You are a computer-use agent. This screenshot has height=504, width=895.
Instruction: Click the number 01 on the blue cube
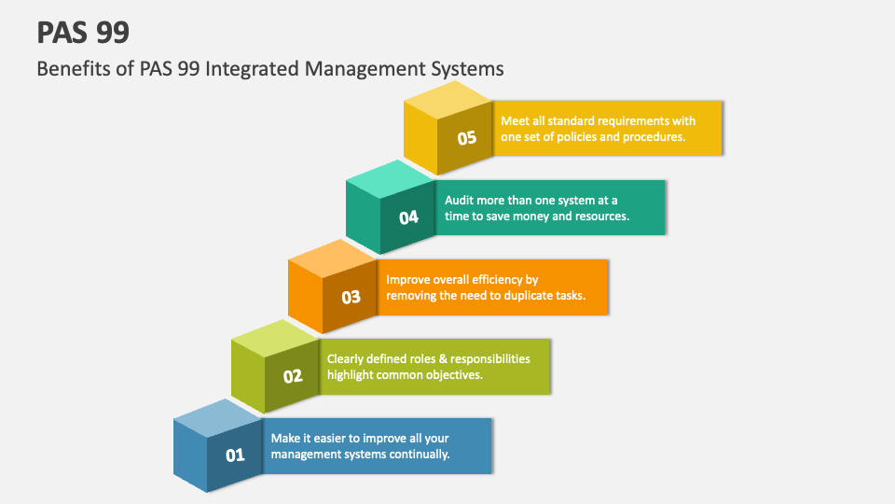pyautogui.click(x=235, y=455)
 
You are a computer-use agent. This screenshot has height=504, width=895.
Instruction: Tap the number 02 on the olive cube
pyautogui.click(x=293, y=377)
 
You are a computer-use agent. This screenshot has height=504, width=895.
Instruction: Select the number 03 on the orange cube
pyautogui.click(x=351, y=298)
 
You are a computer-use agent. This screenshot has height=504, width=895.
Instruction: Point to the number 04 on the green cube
pyautogui.click(x=409, y=217)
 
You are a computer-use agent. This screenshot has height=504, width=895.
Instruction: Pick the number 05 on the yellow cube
pyautogui.click(x=467, y=138)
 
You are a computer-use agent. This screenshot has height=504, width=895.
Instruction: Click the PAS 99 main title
pyautogui.click(x=83, y=33)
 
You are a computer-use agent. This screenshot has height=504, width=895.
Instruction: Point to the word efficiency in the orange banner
pyautogui.click(x=489, y=279)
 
